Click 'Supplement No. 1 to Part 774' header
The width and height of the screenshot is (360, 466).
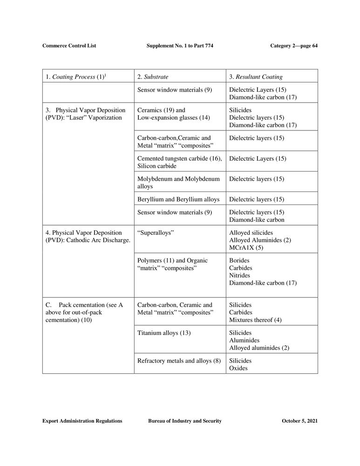180,46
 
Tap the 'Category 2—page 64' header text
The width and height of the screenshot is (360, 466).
293,46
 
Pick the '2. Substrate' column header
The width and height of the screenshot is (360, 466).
153,76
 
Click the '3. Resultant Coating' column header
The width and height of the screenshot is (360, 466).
256,76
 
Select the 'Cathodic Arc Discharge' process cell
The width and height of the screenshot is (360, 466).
88,236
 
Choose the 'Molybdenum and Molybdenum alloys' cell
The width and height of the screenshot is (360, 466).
178,183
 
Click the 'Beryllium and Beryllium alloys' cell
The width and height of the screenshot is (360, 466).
178,199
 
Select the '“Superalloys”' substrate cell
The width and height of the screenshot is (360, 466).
156,233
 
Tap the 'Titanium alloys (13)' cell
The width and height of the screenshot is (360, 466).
164,333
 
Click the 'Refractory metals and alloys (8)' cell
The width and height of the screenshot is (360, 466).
179,361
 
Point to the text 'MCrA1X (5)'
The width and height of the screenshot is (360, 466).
246,247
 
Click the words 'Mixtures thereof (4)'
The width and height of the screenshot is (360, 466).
255,320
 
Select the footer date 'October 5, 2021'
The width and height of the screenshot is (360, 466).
299,421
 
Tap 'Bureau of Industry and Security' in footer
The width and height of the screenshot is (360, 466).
184,421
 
